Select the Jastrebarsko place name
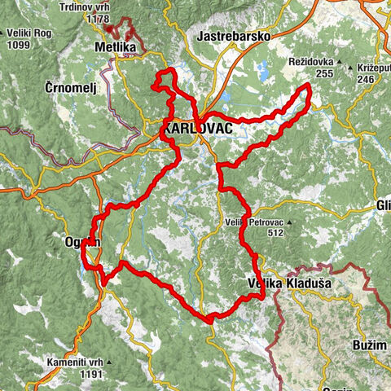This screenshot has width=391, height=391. point(234,36)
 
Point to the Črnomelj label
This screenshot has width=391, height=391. point(72,86)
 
